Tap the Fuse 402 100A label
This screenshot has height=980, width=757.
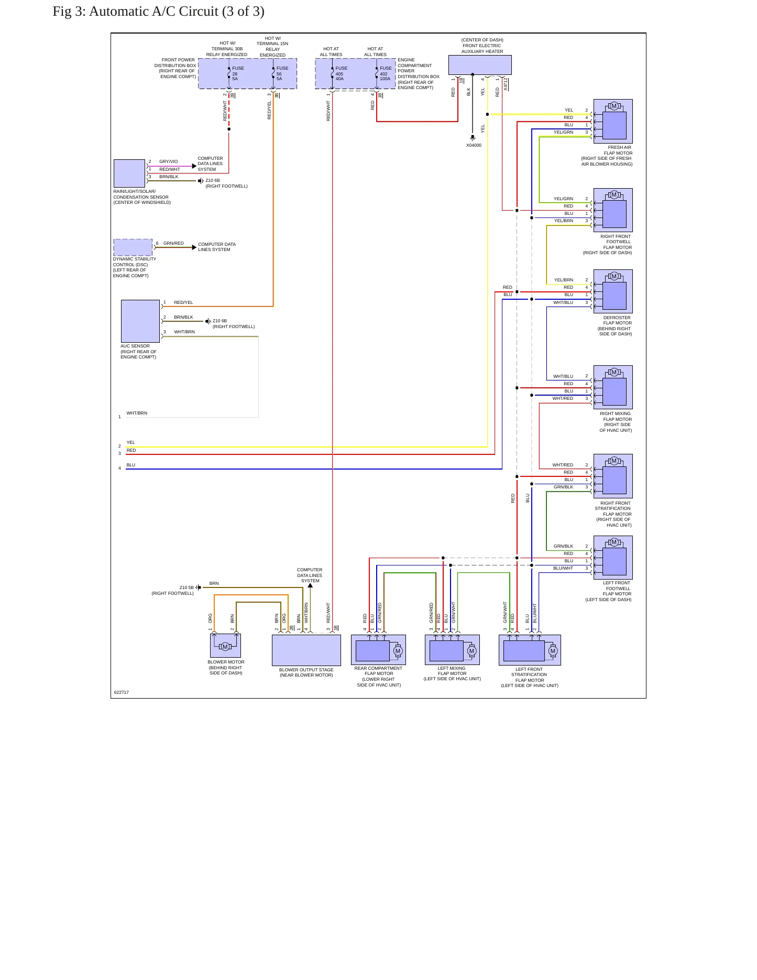(386, 73)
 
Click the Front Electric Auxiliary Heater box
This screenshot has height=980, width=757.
(480, 65)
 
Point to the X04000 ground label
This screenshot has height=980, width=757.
(474, 145)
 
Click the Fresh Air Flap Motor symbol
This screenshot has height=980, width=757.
(613, 121)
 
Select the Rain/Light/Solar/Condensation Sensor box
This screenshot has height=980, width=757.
(129, 173)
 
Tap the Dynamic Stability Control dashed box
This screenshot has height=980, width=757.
(133, 247)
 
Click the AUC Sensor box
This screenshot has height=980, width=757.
(140, 321)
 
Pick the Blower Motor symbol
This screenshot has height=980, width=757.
(225, 646)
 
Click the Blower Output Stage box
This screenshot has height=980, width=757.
(306, 650)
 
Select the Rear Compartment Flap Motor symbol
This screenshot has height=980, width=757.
(378, 650)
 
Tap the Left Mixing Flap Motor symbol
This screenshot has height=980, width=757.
(452, 650)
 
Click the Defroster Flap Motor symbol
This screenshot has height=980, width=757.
(613, 291)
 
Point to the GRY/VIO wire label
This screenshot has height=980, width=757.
(169, 162)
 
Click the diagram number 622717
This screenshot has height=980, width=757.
(122, 692)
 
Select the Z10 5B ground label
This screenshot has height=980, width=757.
(186, 587)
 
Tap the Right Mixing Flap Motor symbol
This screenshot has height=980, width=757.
(613, 387)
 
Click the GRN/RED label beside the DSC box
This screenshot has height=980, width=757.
(173, 243)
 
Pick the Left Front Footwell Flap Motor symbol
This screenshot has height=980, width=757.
(613, 558)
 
